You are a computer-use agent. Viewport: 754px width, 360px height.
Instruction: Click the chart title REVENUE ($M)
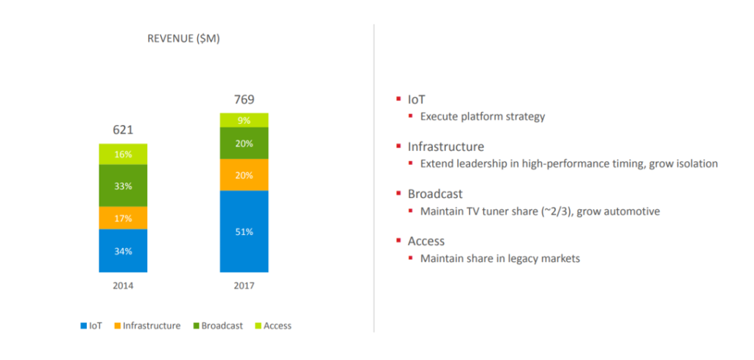184,39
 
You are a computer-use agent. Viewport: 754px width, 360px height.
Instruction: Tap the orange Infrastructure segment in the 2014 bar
123,217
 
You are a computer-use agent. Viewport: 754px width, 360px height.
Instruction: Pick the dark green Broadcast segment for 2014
123,186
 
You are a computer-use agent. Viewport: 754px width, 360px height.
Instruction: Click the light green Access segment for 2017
244,120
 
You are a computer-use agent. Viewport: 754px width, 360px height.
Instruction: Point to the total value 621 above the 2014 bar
123,130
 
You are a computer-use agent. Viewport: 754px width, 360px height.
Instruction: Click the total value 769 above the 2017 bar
244,99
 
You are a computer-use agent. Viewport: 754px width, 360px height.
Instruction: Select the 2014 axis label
123,286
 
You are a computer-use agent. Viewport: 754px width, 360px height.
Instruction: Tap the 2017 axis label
244,286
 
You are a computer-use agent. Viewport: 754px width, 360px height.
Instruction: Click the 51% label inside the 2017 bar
244,232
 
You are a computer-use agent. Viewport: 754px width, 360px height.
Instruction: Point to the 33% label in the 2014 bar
123,186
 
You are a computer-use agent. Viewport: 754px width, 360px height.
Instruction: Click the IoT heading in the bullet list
416,99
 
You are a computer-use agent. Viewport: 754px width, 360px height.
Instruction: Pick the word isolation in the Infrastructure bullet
694,163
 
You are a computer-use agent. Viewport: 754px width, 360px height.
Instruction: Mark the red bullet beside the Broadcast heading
399,194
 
